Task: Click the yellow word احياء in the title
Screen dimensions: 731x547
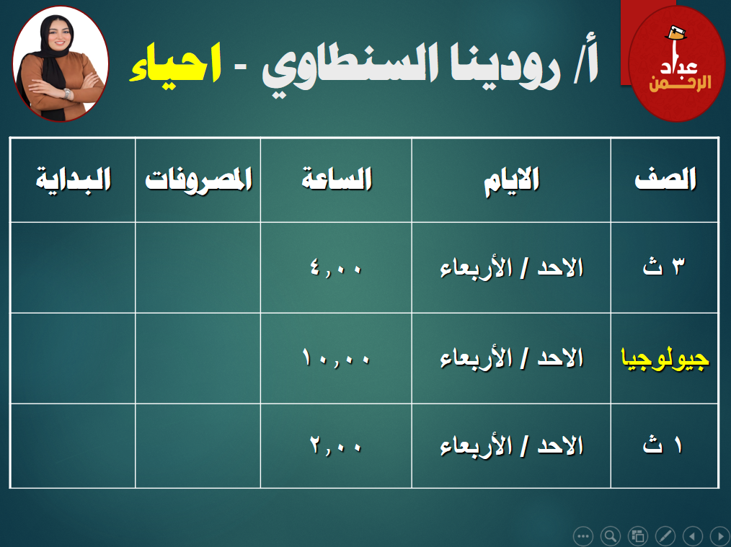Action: (175, 64)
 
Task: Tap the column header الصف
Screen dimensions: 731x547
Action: (665, 179)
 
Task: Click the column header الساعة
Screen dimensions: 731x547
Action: (337, 179)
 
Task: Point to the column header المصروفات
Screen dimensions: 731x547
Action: (198, 179)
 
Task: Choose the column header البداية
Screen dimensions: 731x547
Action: (74, 179)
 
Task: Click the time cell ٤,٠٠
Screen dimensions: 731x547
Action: (336, 267)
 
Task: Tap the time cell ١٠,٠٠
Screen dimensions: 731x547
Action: (336, 358)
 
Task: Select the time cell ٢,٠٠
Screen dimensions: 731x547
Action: (336, 446)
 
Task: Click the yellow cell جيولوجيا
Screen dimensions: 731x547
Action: (665, 359)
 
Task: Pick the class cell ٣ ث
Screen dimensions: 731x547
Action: (664, 267)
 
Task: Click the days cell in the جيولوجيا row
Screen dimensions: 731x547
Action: (511, 359)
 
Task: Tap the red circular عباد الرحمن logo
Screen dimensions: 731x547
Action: (677, 63)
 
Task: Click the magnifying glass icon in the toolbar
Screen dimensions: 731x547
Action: (611, 535)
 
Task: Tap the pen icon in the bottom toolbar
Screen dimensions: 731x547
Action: (665, 535)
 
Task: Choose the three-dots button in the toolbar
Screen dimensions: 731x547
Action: (582, 535)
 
